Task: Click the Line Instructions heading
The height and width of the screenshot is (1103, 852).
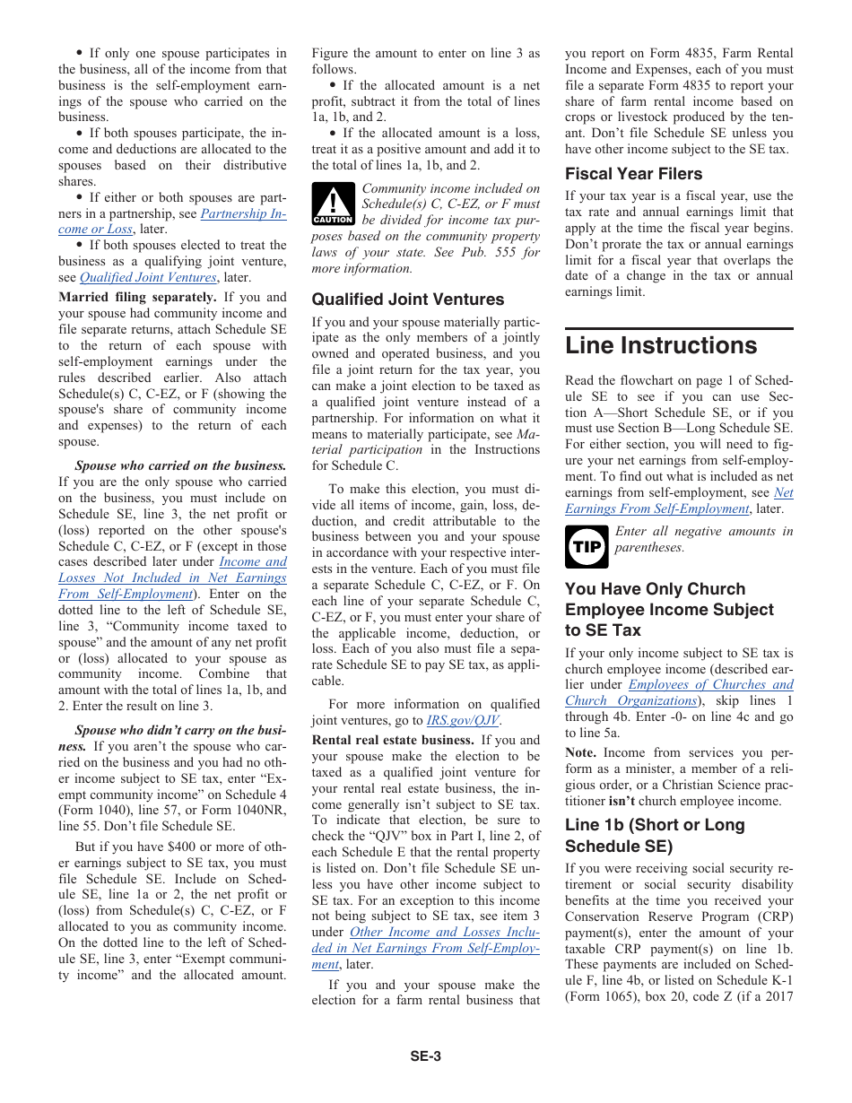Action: click(661, 346)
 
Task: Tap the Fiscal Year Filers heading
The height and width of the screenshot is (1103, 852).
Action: click(633, 174)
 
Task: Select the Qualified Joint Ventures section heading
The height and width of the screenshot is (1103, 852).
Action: click(408, 300)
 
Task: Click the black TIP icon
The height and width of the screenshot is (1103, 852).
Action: click(587, 547)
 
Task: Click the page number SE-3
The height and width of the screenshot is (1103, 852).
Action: click(425, 1056)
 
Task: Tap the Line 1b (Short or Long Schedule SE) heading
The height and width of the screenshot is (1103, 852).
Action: click(655, 835)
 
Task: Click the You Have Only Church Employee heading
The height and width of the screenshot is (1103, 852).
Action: click(669, 609)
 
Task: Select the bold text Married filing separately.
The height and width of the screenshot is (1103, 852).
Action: click(137, 298)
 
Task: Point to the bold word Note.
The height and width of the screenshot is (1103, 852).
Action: click(581, 753)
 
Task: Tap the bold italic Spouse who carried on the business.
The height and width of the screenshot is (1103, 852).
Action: click(180, 466)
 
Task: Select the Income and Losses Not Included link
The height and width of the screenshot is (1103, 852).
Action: click(172, 578)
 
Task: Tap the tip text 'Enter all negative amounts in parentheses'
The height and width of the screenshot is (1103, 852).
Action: click(703, 539)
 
